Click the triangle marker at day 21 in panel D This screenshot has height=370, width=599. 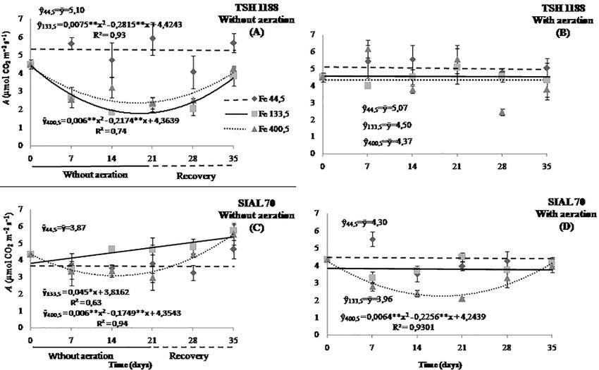pyautogui.click(x=462, y=298)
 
